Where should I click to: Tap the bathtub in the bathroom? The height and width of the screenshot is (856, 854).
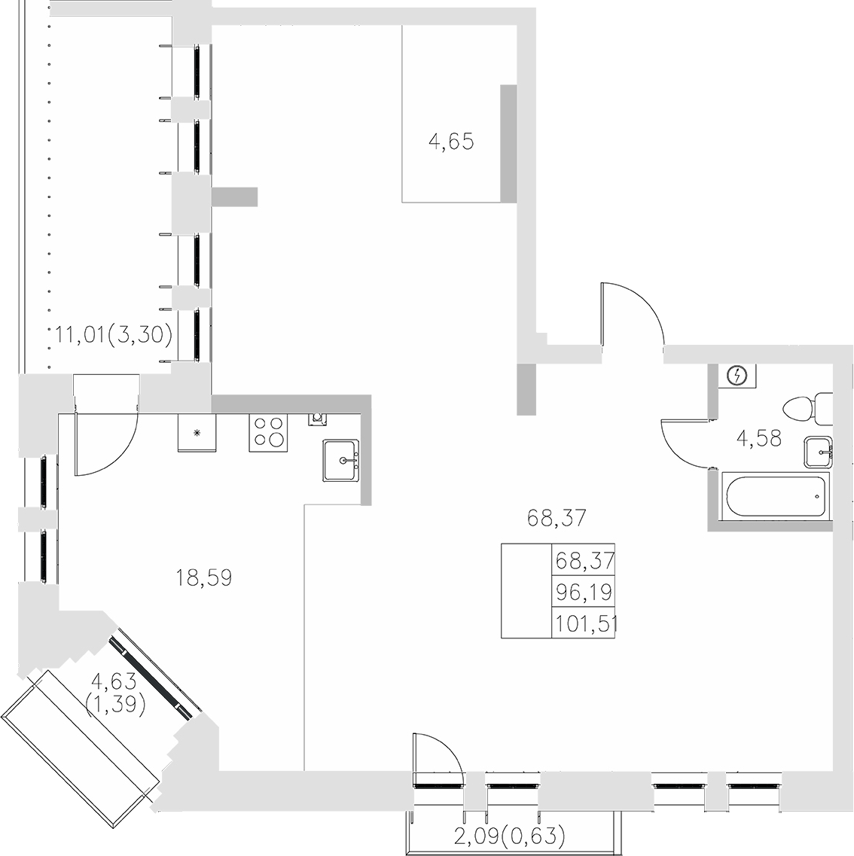point(774,496)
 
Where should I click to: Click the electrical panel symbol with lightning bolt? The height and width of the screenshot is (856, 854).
point(737,375)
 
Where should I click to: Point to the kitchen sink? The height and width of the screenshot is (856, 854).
point(342,459)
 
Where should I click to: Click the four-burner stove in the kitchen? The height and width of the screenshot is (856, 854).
point(268,433)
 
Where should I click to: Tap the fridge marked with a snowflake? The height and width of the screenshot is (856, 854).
point(197,433)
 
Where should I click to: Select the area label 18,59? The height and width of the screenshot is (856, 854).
point(203,578)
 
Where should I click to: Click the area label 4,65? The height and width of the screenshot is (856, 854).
point(451,142)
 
